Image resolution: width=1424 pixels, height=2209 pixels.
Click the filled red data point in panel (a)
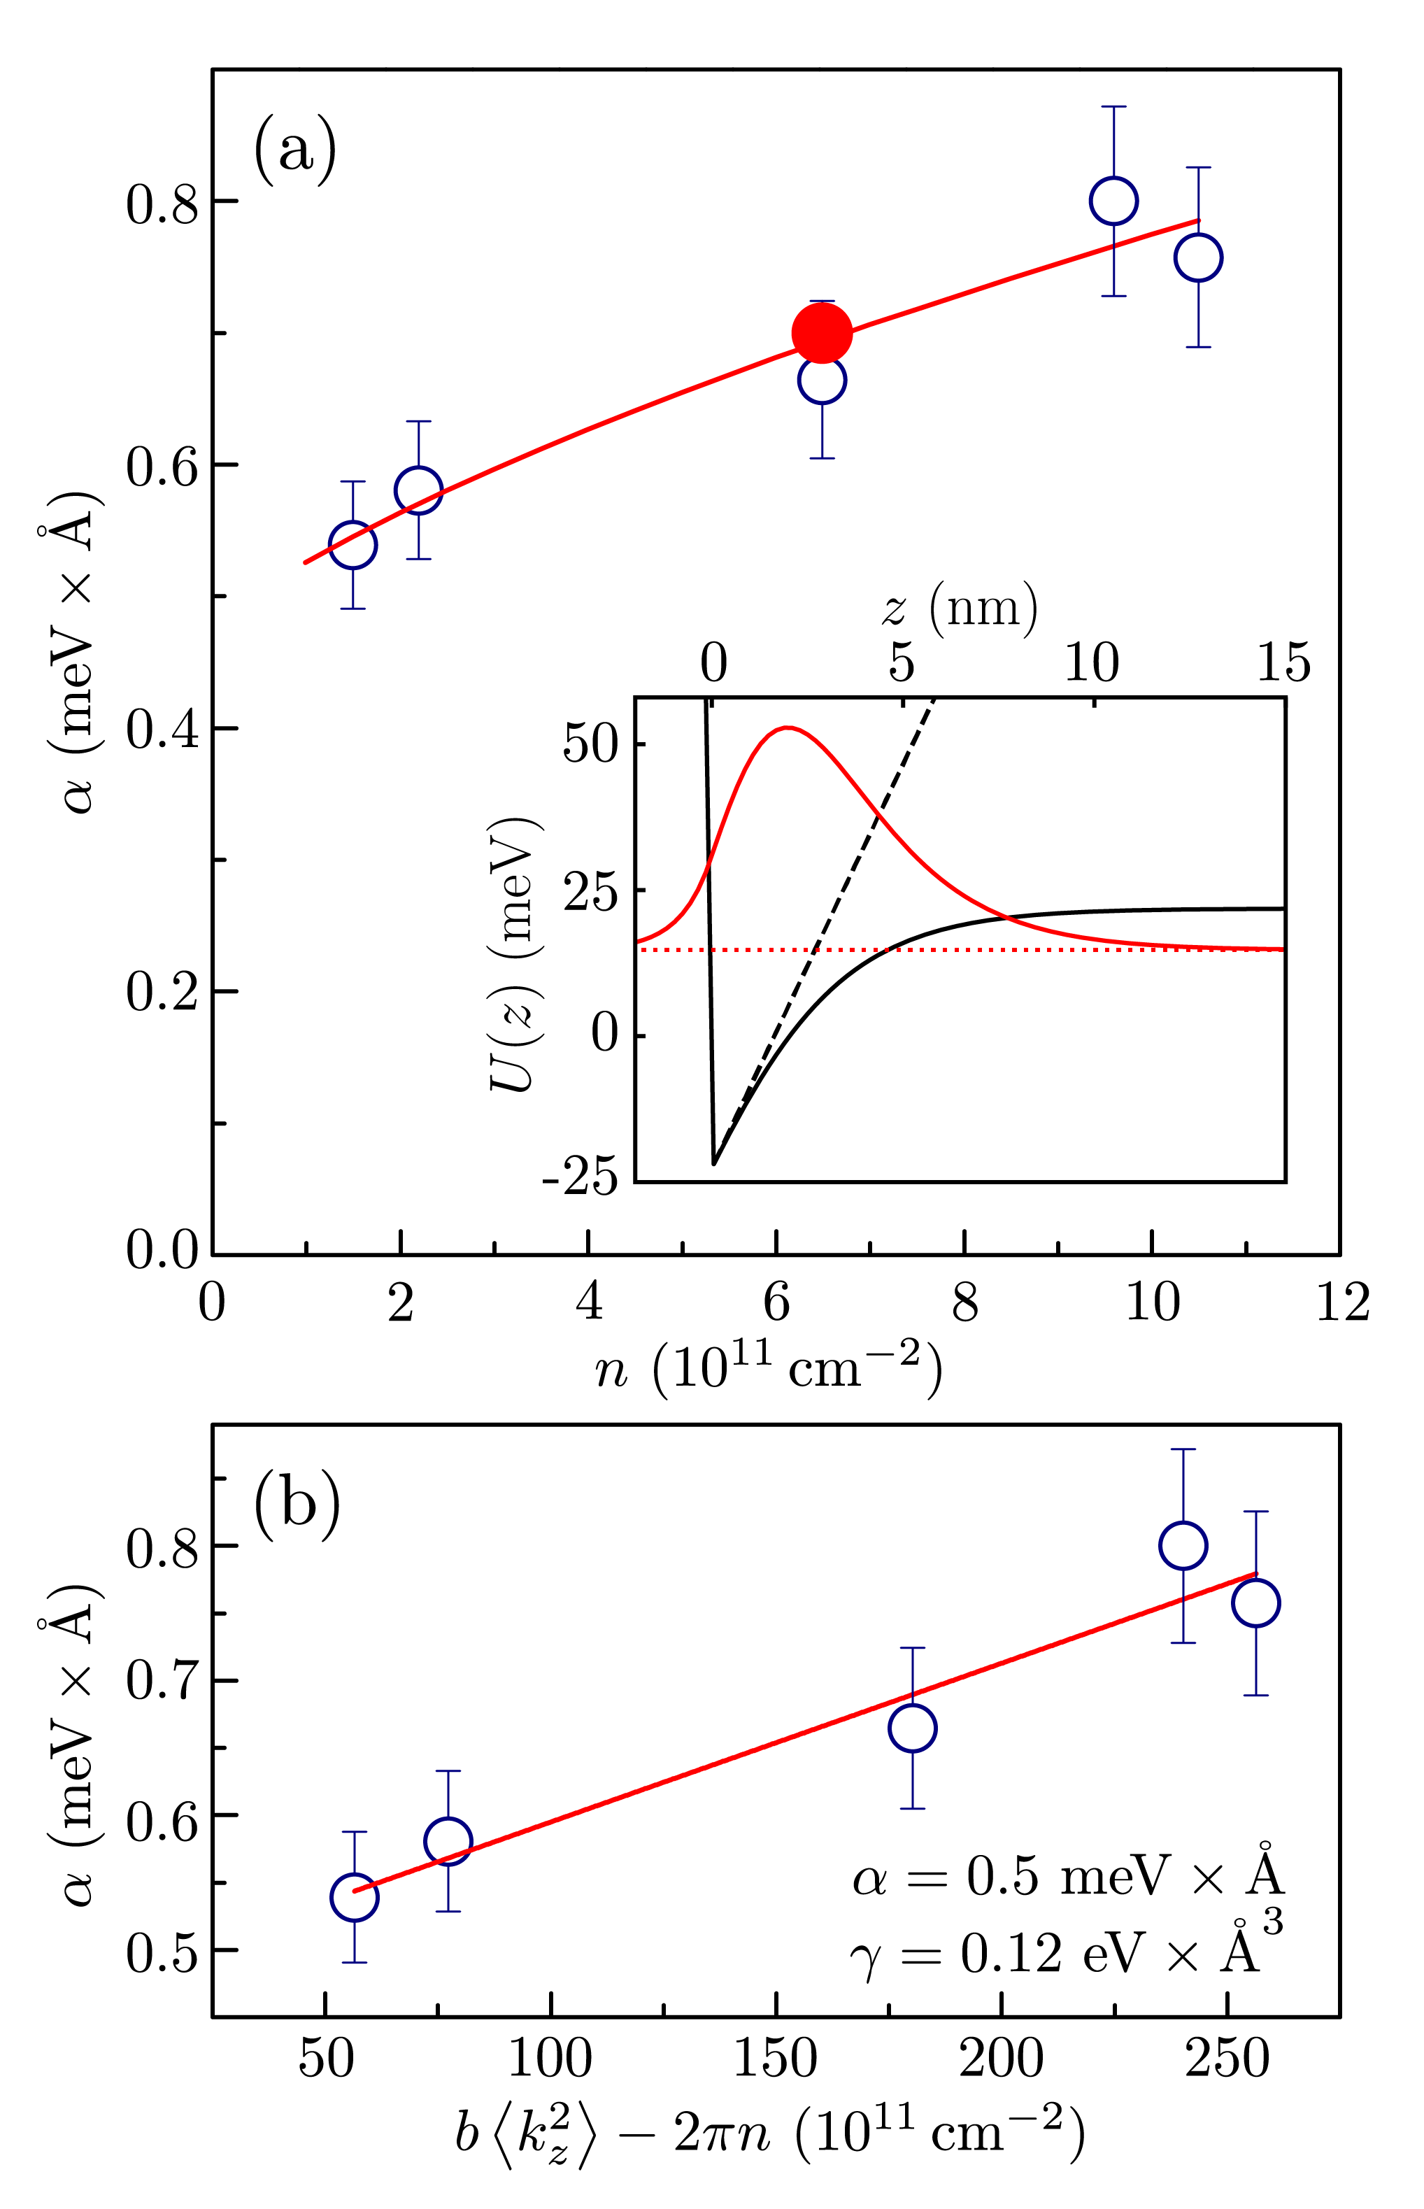click(x=821, y=333)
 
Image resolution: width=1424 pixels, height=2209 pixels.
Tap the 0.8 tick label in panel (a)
click(x=163, y=204)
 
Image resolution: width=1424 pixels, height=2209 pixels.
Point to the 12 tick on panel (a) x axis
click(x=1341, y=1304)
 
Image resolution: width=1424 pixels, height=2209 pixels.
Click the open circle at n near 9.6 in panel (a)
click(x=1113, y=201)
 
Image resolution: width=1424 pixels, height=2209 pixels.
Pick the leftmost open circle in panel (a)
click(x=353, y=545)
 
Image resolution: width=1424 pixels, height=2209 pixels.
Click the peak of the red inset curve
click(x=786, y=727)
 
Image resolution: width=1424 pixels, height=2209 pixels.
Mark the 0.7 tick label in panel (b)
click(x=163, y=1681)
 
